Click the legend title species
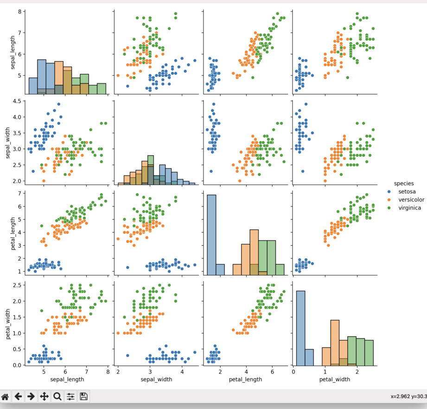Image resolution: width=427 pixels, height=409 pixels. pyautogui.click(x=402, y=183)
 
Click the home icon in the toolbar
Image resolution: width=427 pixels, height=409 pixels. pyautogui.click(x=5, y=396)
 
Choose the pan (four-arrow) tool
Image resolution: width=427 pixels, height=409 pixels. pyautogui.click(x=45, y=396)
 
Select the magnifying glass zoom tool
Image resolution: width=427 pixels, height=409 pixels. pyautogui.click(x=57, y=396)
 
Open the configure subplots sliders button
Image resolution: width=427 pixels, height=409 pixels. pyautogui.click(x=70, y=396)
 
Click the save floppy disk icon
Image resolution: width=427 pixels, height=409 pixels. pyautogui.click(x=84, y=396)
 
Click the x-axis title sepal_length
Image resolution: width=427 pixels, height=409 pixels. pyautogui.click(x=67, y=379)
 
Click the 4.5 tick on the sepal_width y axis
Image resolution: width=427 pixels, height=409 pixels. pyautogui.click(x=17, y=101)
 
